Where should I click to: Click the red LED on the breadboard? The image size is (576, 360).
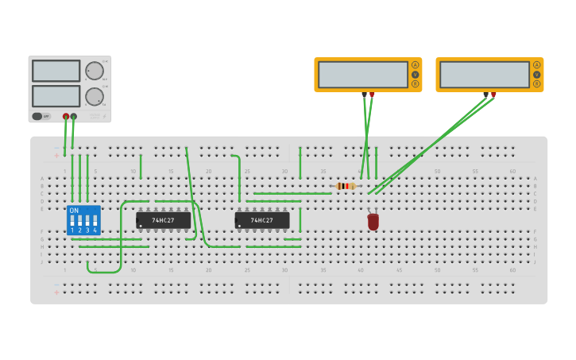tap(373, 222)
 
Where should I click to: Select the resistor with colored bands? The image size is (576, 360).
tap(345, 186)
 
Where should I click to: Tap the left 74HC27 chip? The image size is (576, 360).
tap(164, 220)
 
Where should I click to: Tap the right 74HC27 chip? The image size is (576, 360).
tap(262, 220)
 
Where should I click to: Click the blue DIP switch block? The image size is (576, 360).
tap(83, 220)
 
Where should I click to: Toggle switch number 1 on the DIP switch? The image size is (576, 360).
tap(72, 223)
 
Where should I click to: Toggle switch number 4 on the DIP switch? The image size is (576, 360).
tap(95, 223)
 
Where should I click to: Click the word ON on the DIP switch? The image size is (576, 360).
tap(75, 211)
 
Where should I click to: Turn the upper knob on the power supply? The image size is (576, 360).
tap(95, 71)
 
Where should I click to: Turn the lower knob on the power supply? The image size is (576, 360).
tap(95, 97)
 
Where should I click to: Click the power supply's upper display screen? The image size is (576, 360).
tap(56, 71)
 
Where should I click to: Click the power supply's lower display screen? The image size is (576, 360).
tap(56, 96)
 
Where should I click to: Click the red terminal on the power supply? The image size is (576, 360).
tap(66, 117)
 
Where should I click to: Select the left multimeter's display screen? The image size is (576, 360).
tap(363, 75)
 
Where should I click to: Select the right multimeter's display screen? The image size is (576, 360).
tap(485, 75)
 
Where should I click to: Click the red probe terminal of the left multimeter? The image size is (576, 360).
tap(372, 95)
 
